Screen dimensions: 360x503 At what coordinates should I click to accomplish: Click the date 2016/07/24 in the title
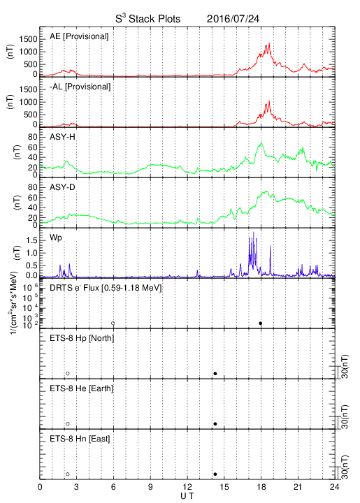(x=233, y=19)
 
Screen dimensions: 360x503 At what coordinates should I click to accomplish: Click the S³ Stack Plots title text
(x=148, y=18)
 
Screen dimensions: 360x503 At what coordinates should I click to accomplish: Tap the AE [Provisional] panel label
(x=79, y=36)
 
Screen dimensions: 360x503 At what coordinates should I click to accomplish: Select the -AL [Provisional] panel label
(x=80, y=87)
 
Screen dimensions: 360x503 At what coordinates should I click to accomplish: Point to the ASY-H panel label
(x=62, y=137)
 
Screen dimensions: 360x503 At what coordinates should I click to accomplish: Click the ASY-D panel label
(x=62, y=187)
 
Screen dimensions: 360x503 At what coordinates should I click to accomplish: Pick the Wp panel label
(x=55, y=238)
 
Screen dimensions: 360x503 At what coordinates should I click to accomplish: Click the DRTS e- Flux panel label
(x=106, y=288)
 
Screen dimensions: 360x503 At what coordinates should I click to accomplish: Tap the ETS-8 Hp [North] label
(x=82, y=338)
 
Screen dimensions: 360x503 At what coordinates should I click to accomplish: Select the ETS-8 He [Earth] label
(x=82, y=388)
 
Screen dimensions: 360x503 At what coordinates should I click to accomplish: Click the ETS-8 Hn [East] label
(x=80, y=439)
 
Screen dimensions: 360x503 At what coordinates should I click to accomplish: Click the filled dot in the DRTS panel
(x=261, y=323)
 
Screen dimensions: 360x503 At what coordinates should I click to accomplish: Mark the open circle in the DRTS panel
(x=113, y=323)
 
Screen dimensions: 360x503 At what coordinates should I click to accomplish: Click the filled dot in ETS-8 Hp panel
(x=215, y=373)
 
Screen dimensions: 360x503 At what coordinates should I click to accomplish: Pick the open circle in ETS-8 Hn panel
(x=68, y=474)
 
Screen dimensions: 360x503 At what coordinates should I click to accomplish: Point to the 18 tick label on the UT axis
(x=261, y=487)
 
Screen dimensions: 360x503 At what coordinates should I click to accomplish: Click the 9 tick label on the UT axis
(x=150, y=487)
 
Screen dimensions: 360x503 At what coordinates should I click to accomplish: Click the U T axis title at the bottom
(x=187, y=496)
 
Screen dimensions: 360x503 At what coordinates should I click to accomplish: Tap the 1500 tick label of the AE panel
(x=28, y=39)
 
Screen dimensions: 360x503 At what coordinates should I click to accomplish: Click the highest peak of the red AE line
(x=269, y=43)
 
